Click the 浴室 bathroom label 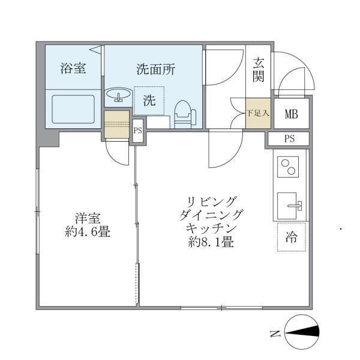coord(73,68)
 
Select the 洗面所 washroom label coord(155,69)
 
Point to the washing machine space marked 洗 coord(149,100)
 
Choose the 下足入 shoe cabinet coord(258,112)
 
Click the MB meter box coord(292,112)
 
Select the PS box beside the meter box coord(289,139)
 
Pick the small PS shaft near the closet coord(137,130)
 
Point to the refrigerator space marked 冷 coord(291,237)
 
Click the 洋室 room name coord(87,218)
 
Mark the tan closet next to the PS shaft coord(116,124)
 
